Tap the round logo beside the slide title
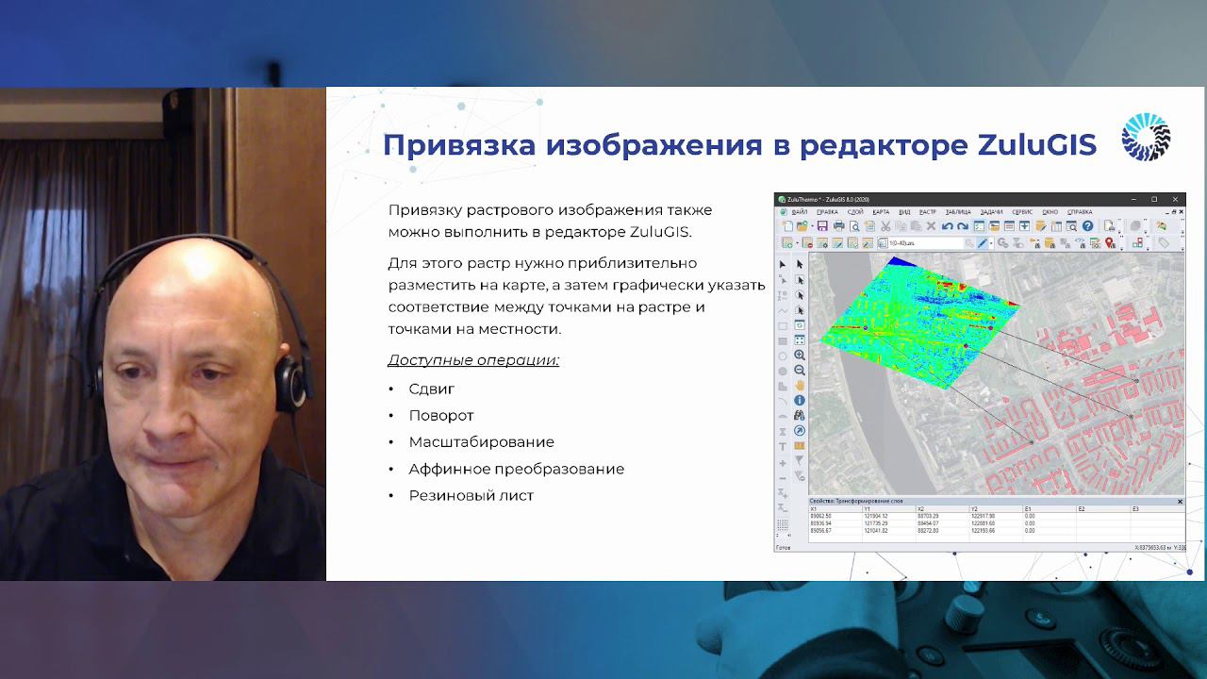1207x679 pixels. click(1146, 138)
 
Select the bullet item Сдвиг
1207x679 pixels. click(432, 389)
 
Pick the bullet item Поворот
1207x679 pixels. click(441, 415)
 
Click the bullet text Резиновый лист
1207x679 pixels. click(471, 495)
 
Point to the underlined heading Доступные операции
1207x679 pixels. click(473, 360)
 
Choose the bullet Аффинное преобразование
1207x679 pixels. click(516, 469)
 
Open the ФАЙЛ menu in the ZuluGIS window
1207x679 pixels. click(799, 212)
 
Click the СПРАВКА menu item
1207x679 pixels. click(1080, 212)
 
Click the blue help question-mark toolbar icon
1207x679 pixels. click(1087, 226)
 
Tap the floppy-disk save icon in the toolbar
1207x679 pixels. click(822, 226)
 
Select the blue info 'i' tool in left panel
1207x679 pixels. click(800, 401)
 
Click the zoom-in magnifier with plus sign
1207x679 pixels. click(800, 356)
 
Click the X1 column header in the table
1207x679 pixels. click(814, 509)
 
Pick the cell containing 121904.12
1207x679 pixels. click(875, 517)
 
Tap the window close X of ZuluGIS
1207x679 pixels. click(1175, 200)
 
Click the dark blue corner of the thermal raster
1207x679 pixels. click(902, 261)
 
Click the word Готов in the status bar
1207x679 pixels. click(783, 548)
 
